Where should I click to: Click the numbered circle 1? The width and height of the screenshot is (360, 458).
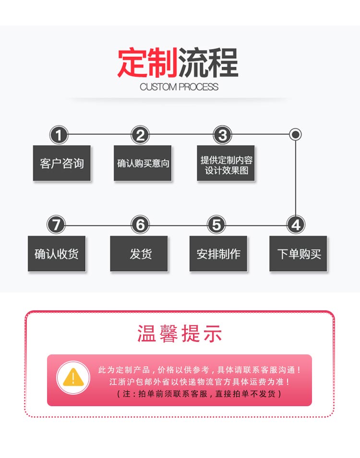[x=59, y=135]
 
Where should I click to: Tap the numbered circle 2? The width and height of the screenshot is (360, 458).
[x=140, y=135]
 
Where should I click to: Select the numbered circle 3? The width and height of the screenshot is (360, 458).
[x=223, y=135]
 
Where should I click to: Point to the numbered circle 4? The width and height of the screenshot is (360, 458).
[x=296, y=224]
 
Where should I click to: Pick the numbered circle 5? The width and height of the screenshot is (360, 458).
[x=216, y=224]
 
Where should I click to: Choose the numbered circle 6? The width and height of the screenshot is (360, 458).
[x=140, y=224]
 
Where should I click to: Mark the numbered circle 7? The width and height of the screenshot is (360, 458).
[x=56, y=224]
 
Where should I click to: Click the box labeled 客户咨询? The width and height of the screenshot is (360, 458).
[x=62, y=163]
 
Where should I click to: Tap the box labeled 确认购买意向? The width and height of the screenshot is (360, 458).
[x=143, y=163]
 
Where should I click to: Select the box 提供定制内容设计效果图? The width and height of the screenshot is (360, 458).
[x=226, y=163]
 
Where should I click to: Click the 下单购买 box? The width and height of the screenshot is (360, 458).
[x=298, y=254]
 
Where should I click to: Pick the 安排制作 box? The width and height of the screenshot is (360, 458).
[x=218, y=254]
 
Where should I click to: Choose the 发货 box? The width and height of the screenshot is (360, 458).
[x=139, y=254]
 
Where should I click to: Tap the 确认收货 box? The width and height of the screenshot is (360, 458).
[x=57, y=254]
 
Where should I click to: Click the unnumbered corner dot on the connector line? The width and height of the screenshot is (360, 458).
[x=295, y=135]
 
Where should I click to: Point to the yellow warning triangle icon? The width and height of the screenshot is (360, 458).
[x=73, y=377]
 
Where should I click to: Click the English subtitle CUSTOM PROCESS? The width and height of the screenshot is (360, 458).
[x=179, y=87]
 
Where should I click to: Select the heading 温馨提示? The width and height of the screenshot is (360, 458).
[x=180, y=333]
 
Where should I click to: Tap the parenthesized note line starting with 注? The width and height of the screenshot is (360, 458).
[x=199, y=394]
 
